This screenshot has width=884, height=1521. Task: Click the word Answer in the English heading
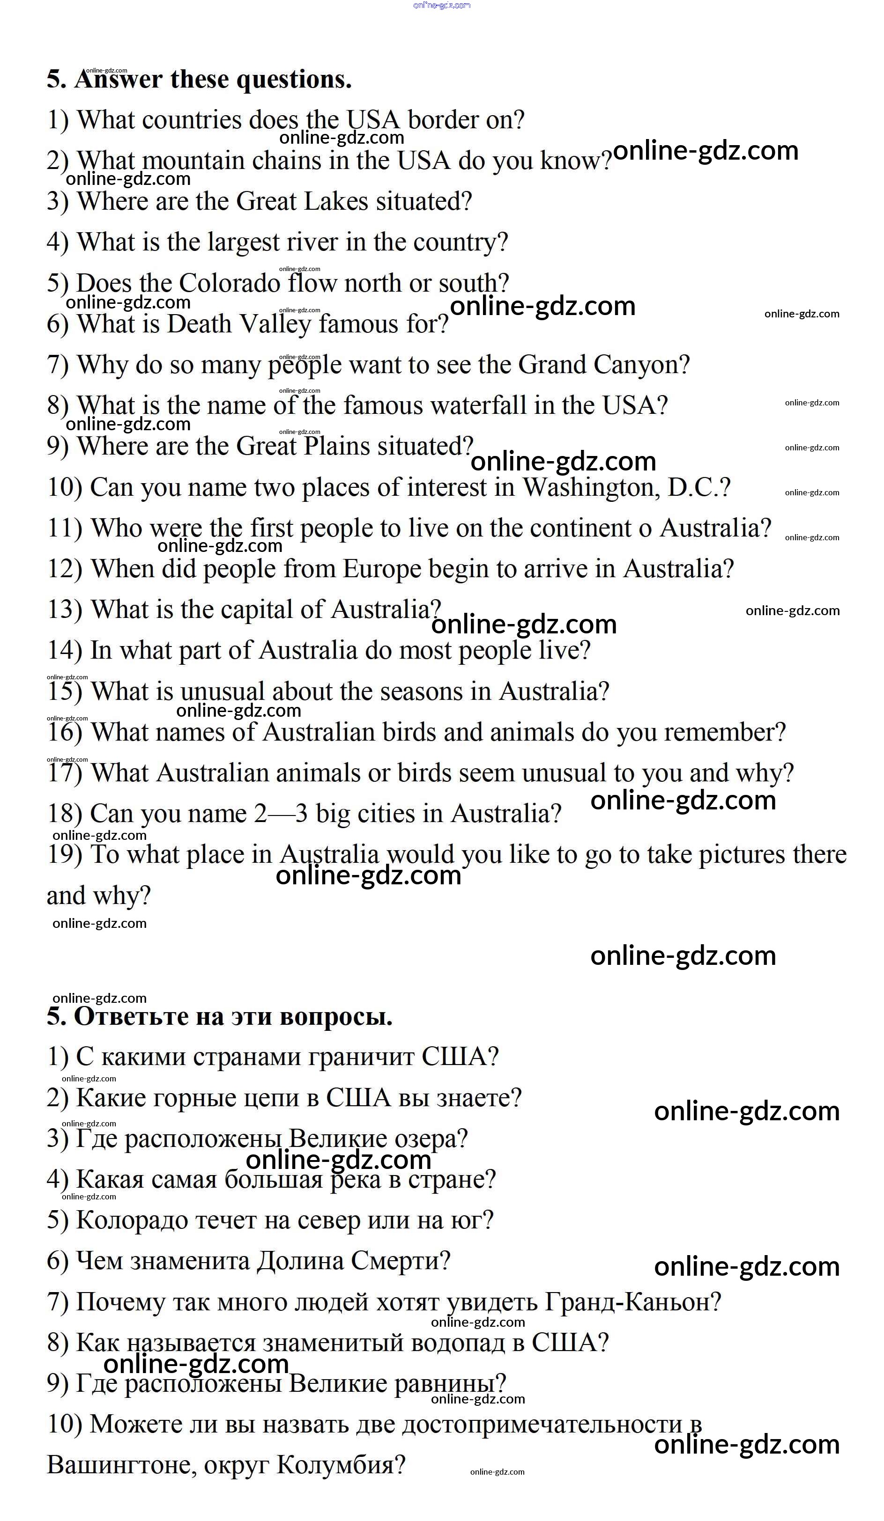pos(119,80)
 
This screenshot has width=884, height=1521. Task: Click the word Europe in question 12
pos(382,569)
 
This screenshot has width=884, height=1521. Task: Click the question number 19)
pos(64,855)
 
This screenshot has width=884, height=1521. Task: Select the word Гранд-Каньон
pos(632,1302)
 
